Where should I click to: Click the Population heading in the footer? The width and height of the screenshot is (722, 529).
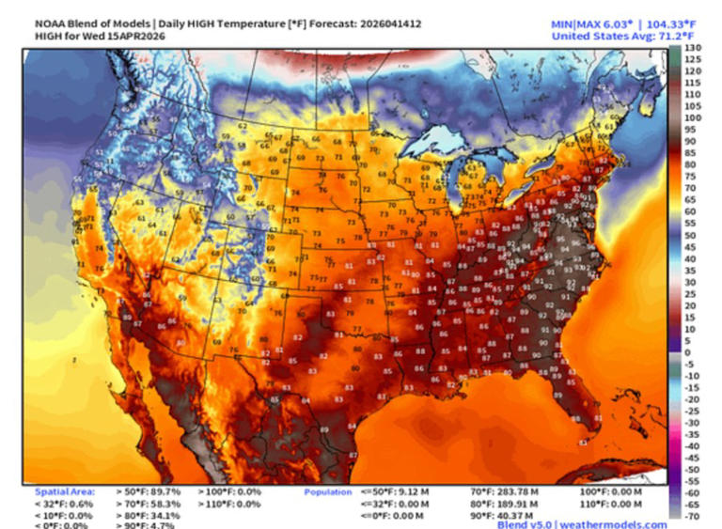tap(327, 491)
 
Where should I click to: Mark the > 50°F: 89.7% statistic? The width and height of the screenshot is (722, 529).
tap(149, 491)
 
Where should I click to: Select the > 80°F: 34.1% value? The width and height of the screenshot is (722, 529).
tap(149, 515)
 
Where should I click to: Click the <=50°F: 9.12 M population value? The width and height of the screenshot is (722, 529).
tap(395, 491)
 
